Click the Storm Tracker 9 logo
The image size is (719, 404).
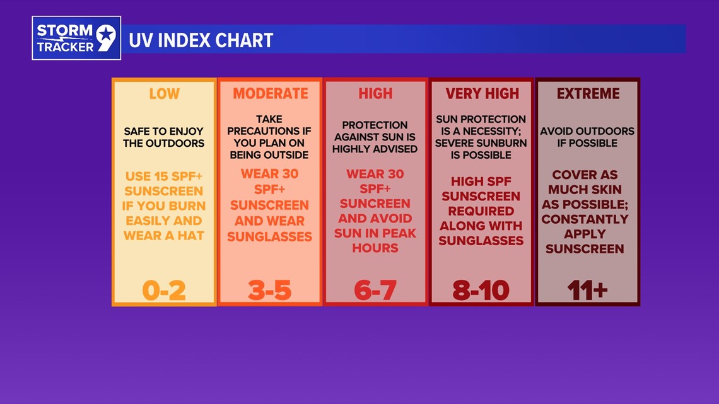click(x=76, y=38)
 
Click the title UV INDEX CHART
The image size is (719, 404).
click(x=201, y=40)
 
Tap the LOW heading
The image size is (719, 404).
click(x=164, y=94)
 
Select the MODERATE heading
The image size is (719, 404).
click(x=270, y=94)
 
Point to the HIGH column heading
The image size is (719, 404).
click(x=375, y=94)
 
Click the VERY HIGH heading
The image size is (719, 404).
click(x=482, y=94)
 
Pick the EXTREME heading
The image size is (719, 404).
click(x=588, y=94)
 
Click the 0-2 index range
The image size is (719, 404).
click(x=164, y=290)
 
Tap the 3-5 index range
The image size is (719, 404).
click(x=270, y=290)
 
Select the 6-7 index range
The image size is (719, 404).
click(x=375, y=290)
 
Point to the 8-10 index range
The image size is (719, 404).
click(x=481, y=290)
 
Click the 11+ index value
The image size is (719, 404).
click(x=587, y=290)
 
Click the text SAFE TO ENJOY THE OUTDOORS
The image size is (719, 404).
click(x=164, y=137)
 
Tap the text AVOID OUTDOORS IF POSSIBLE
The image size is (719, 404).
click(x=587, y=137)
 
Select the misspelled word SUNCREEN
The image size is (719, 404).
click(x=375, y=204)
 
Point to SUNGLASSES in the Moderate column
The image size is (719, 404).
click(x=270, y=236)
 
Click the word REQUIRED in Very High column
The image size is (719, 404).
click(x=481, y=211)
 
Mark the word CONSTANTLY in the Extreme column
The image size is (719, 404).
click(x=585, y=219)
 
